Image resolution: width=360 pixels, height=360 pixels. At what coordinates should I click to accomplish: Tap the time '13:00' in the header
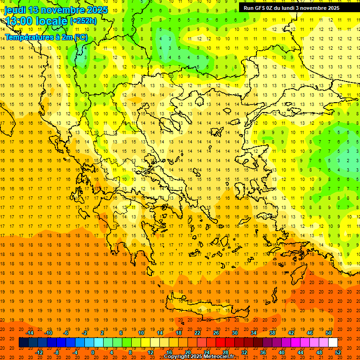(x=19, y=22)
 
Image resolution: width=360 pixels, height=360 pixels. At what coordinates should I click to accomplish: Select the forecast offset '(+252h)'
(x=83, y=21)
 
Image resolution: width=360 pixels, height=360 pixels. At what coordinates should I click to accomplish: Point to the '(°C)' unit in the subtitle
(x=80, y=37)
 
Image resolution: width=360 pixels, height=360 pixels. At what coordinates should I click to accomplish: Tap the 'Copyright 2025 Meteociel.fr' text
(x=199, y=356)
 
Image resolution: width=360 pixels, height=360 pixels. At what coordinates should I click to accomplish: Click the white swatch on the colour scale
(x=333, y=343)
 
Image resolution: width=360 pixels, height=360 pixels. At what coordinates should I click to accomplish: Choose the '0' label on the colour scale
(x=92, y=352)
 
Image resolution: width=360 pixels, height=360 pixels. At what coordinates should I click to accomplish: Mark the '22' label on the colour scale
(x=197, y=333)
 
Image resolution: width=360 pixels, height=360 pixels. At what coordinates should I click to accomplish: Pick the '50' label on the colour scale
(x=329, y=333)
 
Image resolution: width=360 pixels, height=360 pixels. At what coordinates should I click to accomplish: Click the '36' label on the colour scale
(x=263, y=352)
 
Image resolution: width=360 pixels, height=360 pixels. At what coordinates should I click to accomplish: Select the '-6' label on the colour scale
(x=66, y=333)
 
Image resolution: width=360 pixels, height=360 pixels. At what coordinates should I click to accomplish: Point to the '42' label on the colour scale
(x=291, y=333)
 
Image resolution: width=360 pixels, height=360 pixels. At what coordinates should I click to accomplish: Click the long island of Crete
(x=211, y=307)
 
